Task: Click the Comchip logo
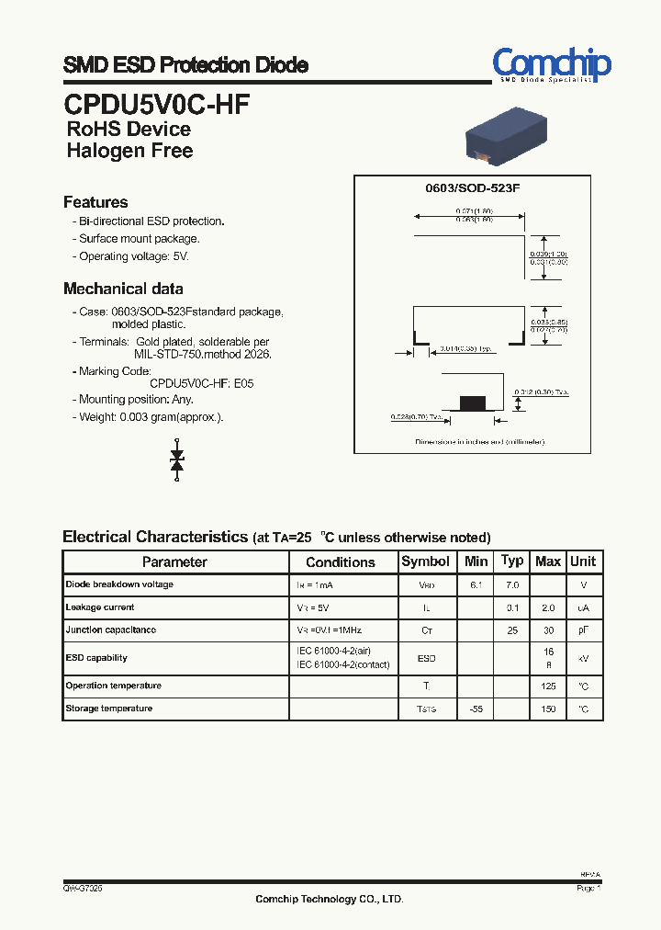pos(551,65)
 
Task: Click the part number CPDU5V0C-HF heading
pos(156,103)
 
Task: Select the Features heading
pos(95,202)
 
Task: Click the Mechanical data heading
pos(123,289)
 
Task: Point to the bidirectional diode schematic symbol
pos(178,459)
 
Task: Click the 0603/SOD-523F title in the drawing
pos(472,188)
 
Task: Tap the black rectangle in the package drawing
pos(472,402)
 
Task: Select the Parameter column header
pos(174,561)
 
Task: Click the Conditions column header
pos(341,561)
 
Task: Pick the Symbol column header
pos(426,561)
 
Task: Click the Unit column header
pos(583,561)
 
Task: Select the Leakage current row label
pos(100,607)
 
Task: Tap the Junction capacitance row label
pos(110,630)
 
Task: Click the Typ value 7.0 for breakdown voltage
pos(512,584)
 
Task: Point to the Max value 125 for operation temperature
pos(548,686)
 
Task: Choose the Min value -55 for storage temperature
pos(476,709)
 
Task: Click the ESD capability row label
pos(96,658)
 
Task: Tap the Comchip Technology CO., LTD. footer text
pos(329,900)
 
